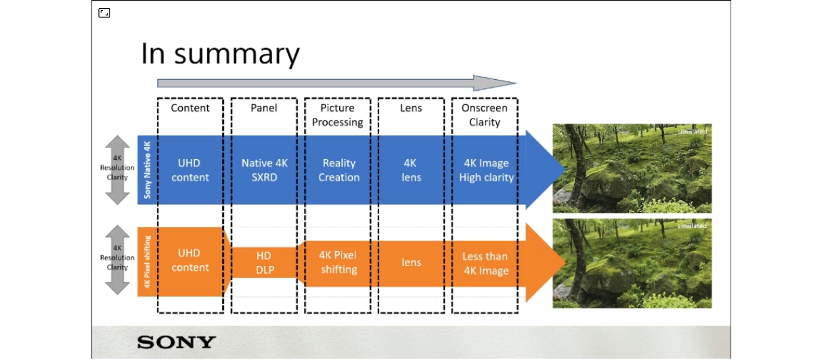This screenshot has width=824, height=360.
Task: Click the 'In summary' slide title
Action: pyautogui.click(x=220, y=54)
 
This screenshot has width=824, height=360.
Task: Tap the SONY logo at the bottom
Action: pyautogui.click(x=176, y=342)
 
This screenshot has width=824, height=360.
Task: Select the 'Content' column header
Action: pyautogui.click(x=190, y=108)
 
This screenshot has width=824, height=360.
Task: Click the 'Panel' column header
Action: pyautogui.click(x=263, y=108)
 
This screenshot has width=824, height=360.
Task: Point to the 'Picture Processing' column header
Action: pyautogui.click(x=337, y=115)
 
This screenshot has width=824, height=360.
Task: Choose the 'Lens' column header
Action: pyautogui.click(x=411, y=108)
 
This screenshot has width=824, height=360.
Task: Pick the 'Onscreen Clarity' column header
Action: pyautogui.click(x=484, y=115)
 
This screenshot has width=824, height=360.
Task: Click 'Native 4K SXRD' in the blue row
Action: pyautogui.click(x=264, y=171)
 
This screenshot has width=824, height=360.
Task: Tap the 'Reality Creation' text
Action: pyautogui.click(x=339, y=171)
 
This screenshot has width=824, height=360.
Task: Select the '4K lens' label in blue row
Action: pyautogui.click(x=411, y=171)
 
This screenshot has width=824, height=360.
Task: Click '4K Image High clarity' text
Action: pyautogui.click(x=486, y=171)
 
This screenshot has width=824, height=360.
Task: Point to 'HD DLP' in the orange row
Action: pyautogui.click(x=264, y=263)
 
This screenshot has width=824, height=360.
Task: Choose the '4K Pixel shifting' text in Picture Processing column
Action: pyautogui.click(x=339, y=263)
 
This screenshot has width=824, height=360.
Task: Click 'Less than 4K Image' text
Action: pyautogui.click(x=485, y=264)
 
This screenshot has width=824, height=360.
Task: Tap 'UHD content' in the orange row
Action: pyautogui.click(x=190, y=260)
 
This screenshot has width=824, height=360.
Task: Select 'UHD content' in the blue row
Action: pyautogui.click(x=190, y=171)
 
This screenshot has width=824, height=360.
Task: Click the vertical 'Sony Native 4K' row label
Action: pyautogui.click(x=147, y=170)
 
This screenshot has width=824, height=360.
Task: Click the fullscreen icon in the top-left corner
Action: pyautogui.click(x=104, y=13)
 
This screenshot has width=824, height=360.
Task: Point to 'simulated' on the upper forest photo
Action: pyautogui.click(x=692, y=131)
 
